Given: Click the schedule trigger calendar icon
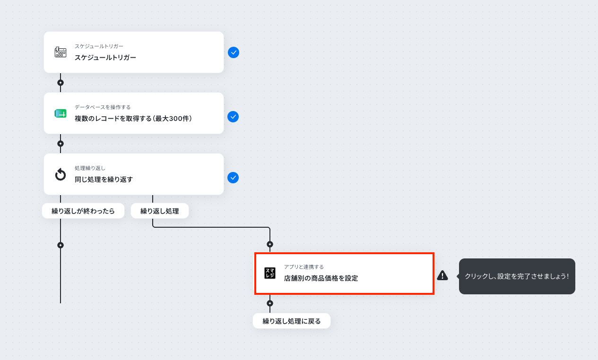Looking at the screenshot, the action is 61,52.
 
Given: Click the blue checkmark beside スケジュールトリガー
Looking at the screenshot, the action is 234,52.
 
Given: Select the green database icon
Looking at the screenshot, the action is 61,113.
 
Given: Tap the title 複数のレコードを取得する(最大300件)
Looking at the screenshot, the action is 133,119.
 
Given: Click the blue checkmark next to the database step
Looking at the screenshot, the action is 233,117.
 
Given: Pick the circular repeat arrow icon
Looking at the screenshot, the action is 61,174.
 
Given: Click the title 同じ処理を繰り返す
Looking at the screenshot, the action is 104,180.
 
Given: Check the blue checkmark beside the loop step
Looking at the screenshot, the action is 233,178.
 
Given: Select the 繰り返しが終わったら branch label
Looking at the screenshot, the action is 83,211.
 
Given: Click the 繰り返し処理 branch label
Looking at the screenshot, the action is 160,211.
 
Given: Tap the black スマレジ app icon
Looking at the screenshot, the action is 269,273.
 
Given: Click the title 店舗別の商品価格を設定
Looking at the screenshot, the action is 321,278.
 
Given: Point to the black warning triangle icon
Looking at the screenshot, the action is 442,275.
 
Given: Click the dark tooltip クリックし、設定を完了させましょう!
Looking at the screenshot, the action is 517,276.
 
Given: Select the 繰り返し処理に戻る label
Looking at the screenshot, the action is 292,321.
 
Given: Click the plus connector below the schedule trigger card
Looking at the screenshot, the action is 61,83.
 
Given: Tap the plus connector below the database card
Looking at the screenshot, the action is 61,144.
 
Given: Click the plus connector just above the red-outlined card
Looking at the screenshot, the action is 270,244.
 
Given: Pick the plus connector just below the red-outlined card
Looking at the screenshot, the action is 270,303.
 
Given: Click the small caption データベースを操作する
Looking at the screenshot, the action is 103,107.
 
